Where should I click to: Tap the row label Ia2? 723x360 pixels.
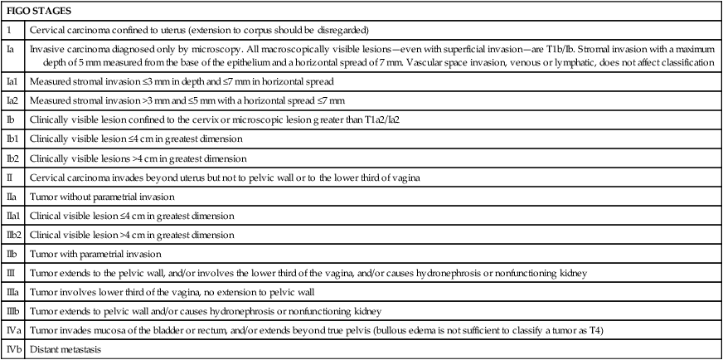click(12, 101)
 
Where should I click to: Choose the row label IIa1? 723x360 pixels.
click(14, 216)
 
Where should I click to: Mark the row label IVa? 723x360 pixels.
click(14, 329)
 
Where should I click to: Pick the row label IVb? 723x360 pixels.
click(14, 349)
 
